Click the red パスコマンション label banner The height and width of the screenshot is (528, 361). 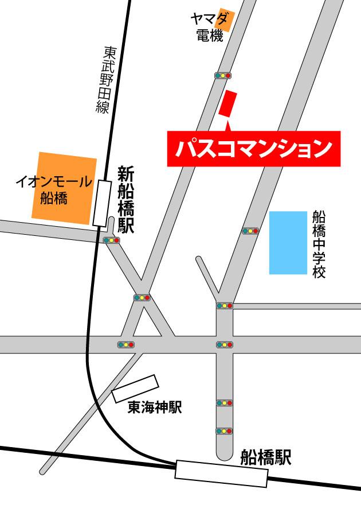click(x=253, y=149)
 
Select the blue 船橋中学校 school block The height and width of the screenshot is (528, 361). click(x=288, y=242)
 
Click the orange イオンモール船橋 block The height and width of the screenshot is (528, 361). click(x=64, y=188)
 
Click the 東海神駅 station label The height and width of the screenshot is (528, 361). click(x=154, y=407)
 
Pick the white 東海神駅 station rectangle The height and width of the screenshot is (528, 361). click(x=135, y=389)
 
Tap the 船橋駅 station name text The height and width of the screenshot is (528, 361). click(x=266, y=457)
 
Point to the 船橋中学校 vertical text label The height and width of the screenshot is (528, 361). click(x=319, y=243)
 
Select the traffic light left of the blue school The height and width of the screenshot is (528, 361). click(x=250, y=231)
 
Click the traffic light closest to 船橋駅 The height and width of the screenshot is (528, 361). click(x=224, y=430)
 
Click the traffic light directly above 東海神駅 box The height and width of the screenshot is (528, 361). click(x=125, y=344)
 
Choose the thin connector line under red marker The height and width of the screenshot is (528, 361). click(x=227, y=123)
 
